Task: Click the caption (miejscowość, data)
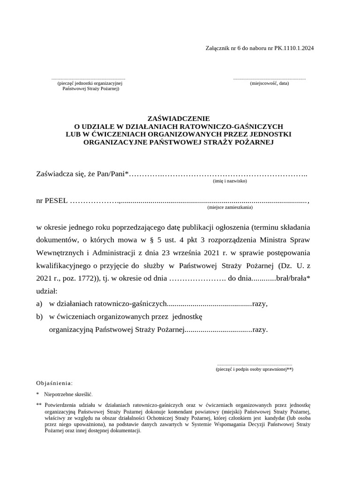[269, 83]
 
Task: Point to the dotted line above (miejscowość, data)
[269, 79]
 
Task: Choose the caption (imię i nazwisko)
[230, 181]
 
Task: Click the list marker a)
[39, 304]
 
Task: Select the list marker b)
[39, 316]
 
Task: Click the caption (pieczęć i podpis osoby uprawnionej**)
[254, 369]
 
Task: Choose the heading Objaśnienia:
[54, 382]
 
